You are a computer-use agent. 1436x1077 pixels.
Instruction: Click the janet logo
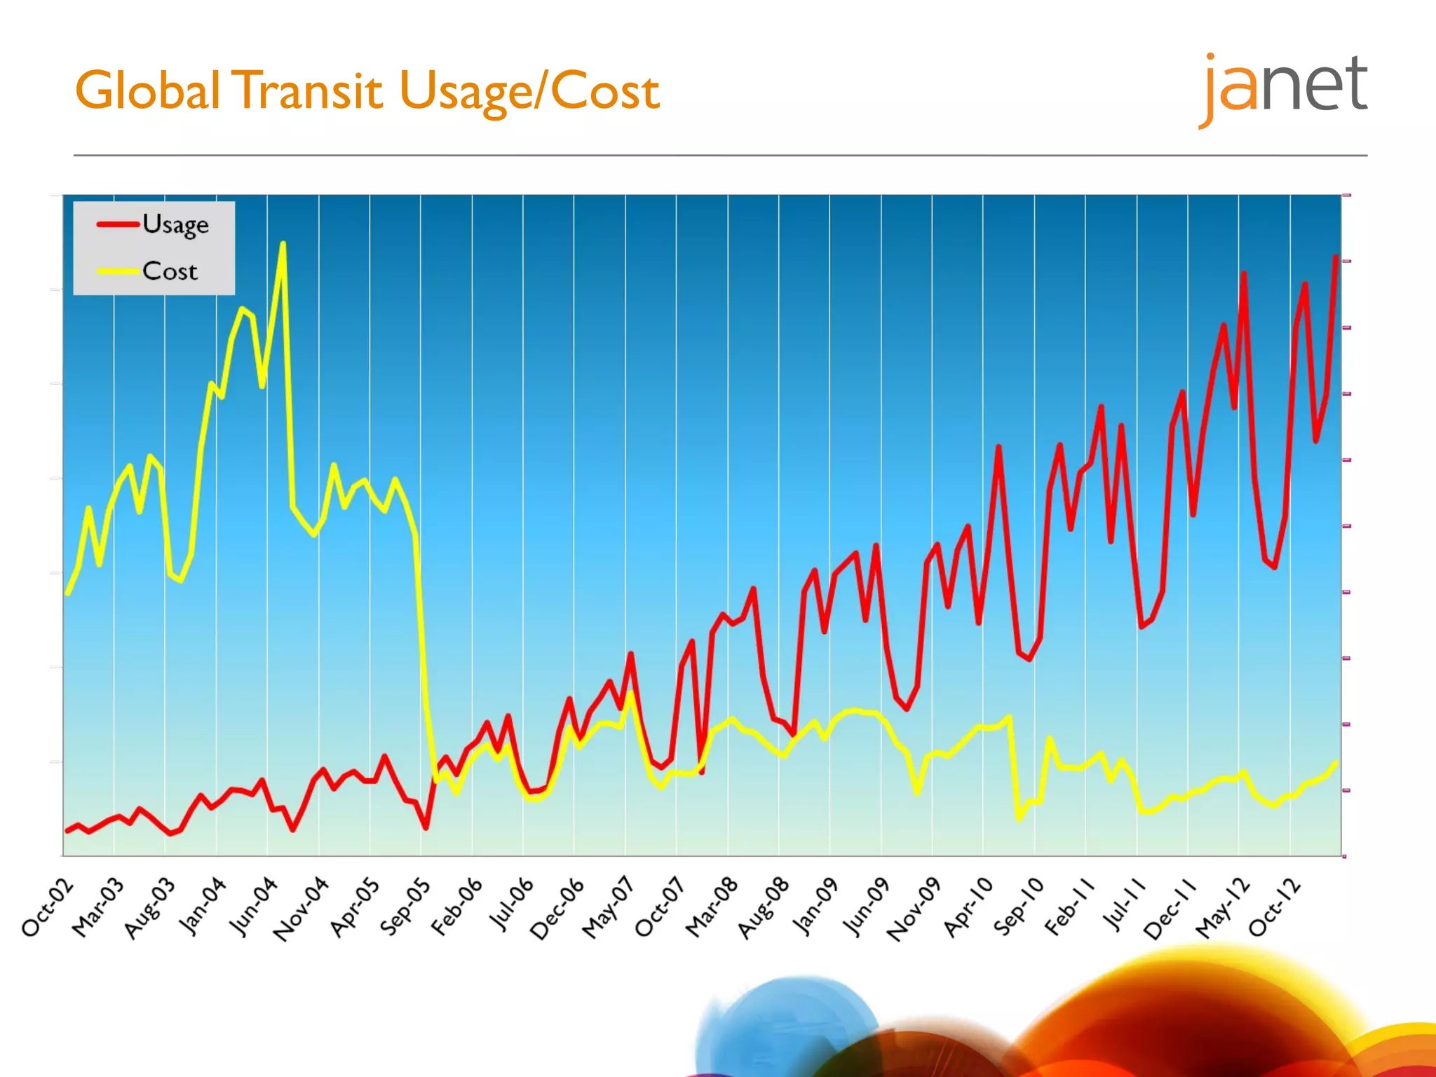(x=1283, y=88)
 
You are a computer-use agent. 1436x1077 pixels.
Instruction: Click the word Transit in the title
(x=308, y=91)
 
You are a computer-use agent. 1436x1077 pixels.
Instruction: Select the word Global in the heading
(x=148, y=91)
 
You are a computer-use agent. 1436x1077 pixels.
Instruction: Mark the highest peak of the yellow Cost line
(x=283, y=244)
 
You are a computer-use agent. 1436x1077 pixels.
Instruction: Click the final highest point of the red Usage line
(x=1336, y=257)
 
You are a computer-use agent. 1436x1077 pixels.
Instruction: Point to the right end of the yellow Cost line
(x=1336, y=763)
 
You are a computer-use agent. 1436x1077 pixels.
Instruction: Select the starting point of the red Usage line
(x=67, y=830)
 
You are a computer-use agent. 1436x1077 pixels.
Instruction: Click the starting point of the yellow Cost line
(x=67, y=593)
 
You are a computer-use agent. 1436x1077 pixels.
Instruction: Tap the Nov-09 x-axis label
(x=914, y=909)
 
